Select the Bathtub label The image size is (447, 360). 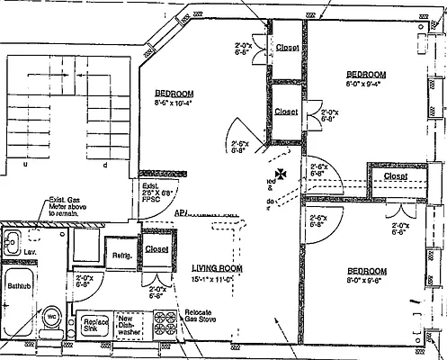tap(20, 284)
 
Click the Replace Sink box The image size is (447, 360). tap(95, 326)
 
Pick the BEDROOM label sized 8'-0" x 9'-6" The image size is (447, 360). tap(366, 272)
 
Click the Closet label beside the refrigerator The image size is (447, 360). tap(156, 249)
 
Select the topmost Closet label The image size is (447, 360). tap(288, 47)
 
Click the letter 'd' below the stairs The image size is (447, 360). tap(105, 165)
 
